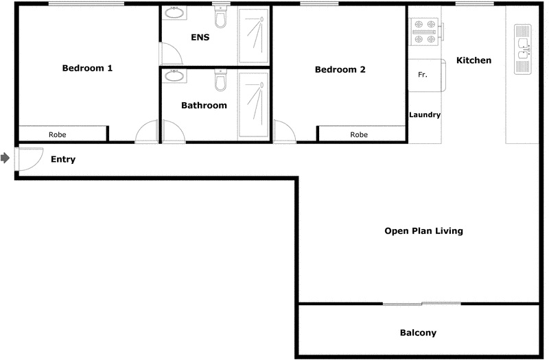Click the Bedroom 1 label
[87, 68]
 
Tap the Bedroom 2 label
[340, 69]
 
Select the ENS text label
[200, 37]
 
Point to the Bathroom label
[204, 106]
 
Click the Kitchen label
[474, 60]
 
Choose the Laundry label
[425, 115]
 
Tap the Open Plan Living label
[423, 231]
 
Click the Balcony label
[418, 333]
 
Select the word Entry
[63, 159]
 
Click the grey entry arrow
[5, 158]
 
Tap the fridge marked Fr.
[423, 75]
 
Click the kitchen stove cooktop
[424, 32]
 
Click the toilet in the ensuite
[220, 14]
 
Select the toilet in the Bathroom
[220, 82]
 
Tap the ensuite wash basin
[175, 14]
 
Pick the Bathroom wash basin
[174, 75]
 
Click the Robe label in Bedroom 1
[57, 134]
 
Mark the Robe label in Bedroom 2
[359, 135]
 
